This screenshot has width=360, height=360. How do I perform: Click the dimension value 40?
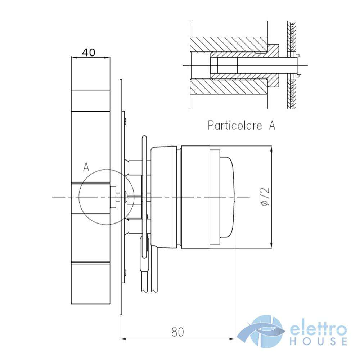89,53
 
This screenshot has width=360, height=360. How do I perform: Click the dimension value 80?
177,332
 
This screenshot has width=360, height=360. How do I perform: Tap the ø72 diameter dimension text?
265,197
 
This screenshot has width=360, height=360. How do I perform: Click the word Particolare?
235,125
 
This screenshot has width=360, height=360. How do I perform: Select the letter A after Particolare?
272,125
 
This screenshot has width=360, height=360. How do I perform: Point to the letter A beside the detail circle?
86,167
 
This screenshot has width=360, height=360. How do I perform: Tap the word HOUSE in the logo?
319,341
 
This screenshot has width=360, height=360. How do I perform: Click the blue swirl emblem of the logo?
261,331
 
